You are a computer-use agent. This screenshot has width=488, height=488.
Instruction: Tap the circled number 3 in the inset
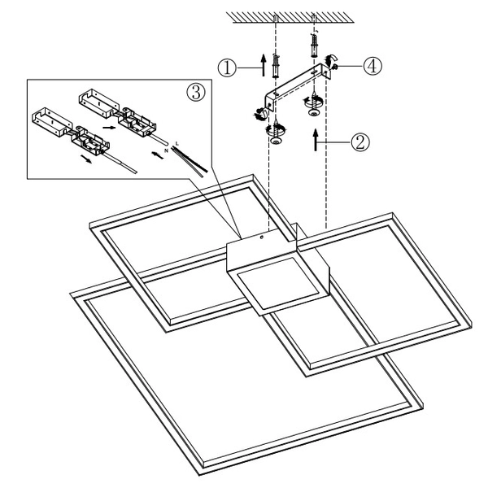194,91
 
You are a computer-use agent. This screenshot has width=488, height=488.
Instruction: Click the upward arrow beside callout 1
262,64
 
